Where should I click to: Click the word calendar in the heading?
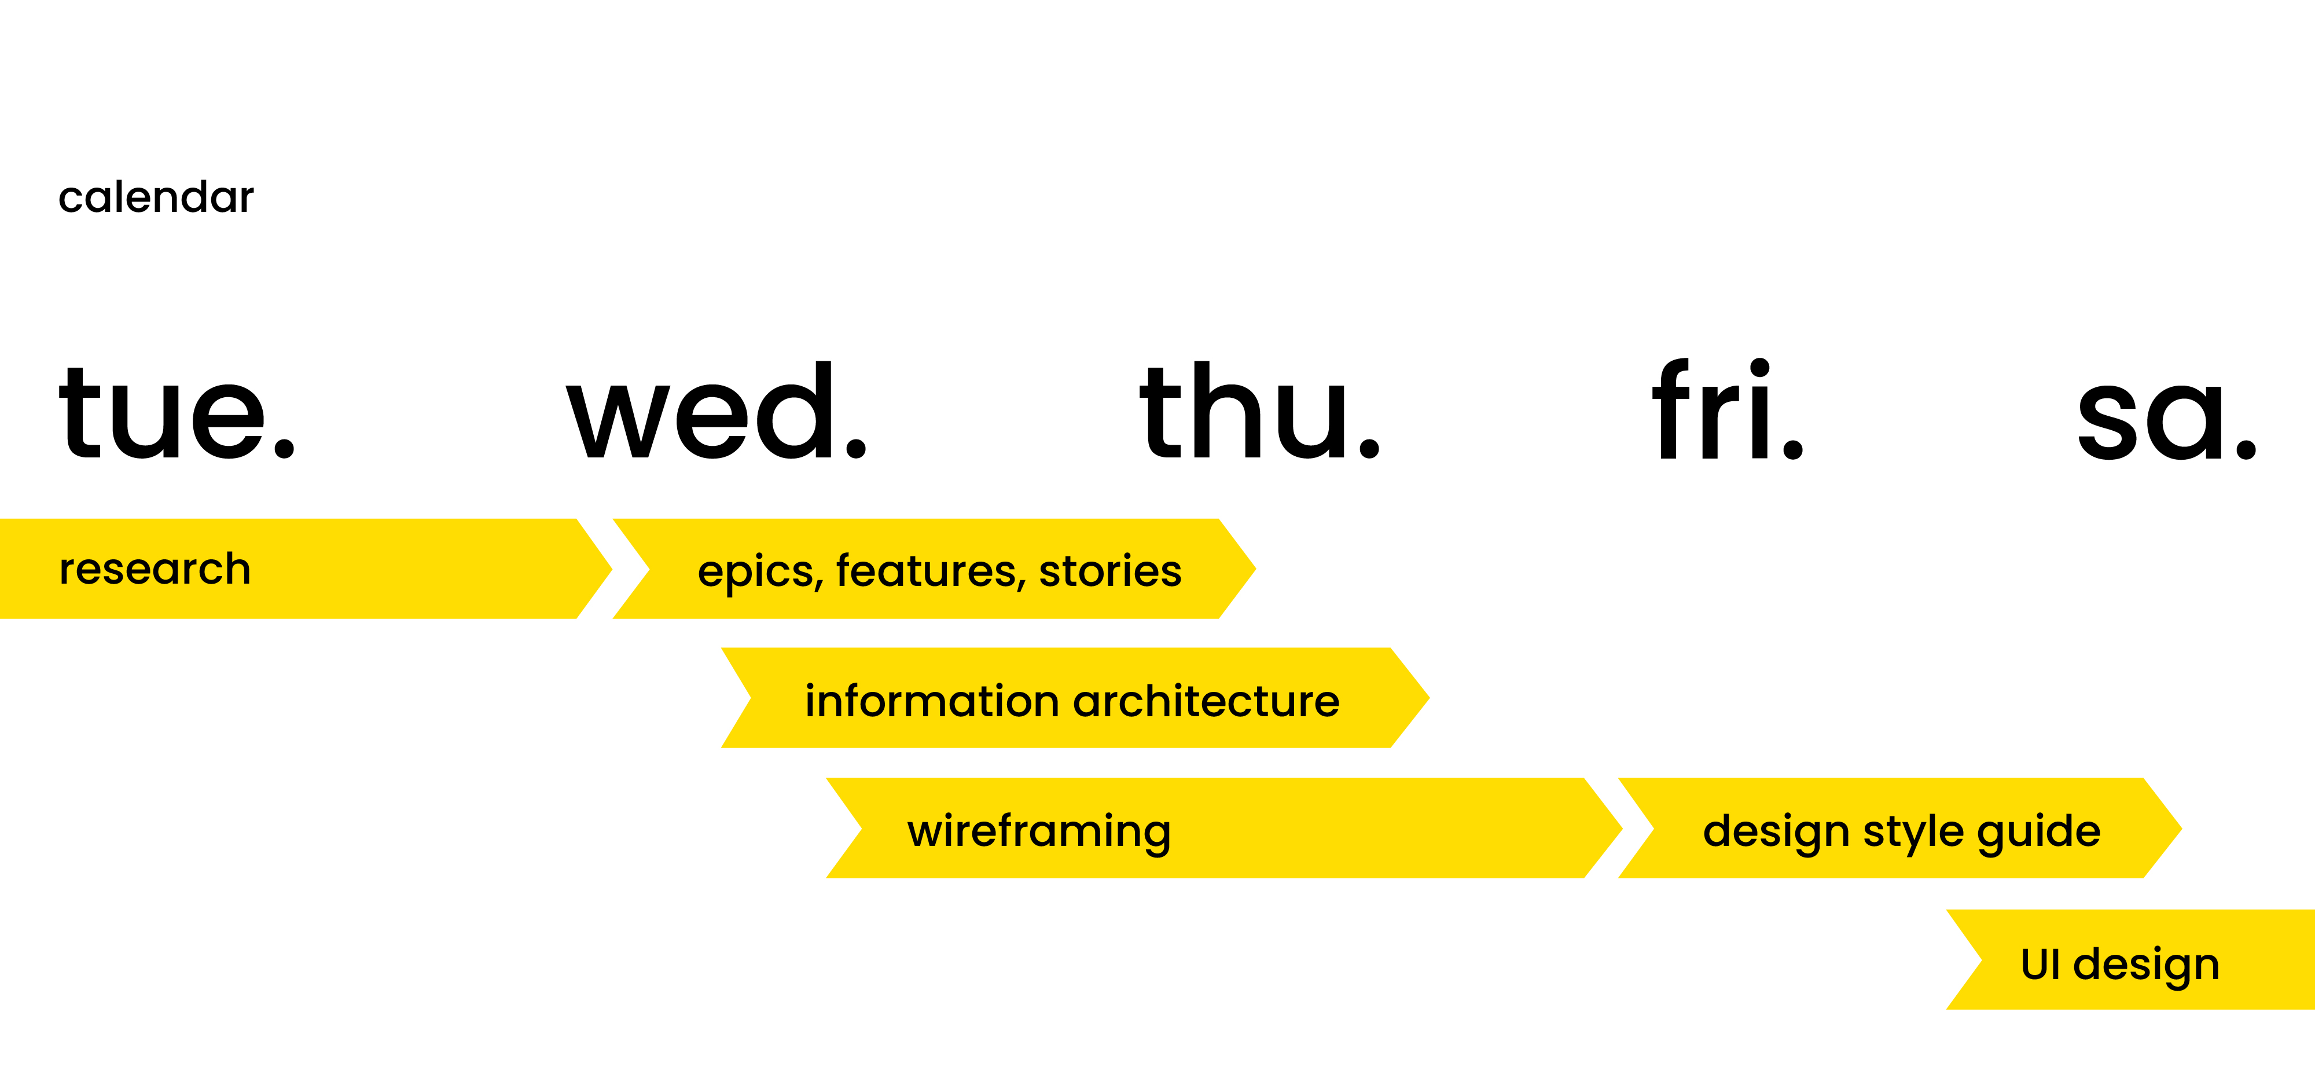[x=156, y=196]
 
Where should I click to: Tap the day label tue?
[x=177, y=412]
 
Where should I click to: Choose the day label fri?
[x=1728, y=409]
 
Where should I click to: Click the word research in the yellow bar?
[x=155, y=569]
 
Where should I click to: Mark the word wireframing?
[x=1039, y=831]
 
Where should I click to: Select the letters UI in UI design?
[x=2040, y=964]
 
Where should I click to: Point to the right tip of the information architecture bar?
[x=1429, y=697]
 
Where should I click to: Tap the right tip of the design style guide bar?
[x=2182, y=828]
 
